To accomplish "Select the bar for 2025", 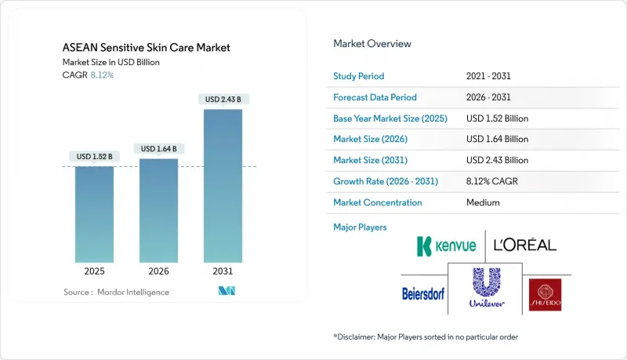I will (94, 216).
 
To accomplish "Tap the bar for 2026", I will (158, 212).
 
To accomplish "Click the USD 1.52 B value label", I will (94, 157).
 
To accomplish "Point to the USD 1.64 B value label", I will (158, 148).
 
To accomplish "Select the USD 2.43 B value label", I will (223, 99).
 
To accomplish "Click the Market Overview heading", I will (372, 44).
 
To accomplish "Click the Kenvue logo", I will (446, 245).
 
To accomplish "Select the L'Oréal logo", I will (525, 245).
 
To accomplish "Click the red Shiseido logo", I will (545, 294).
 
